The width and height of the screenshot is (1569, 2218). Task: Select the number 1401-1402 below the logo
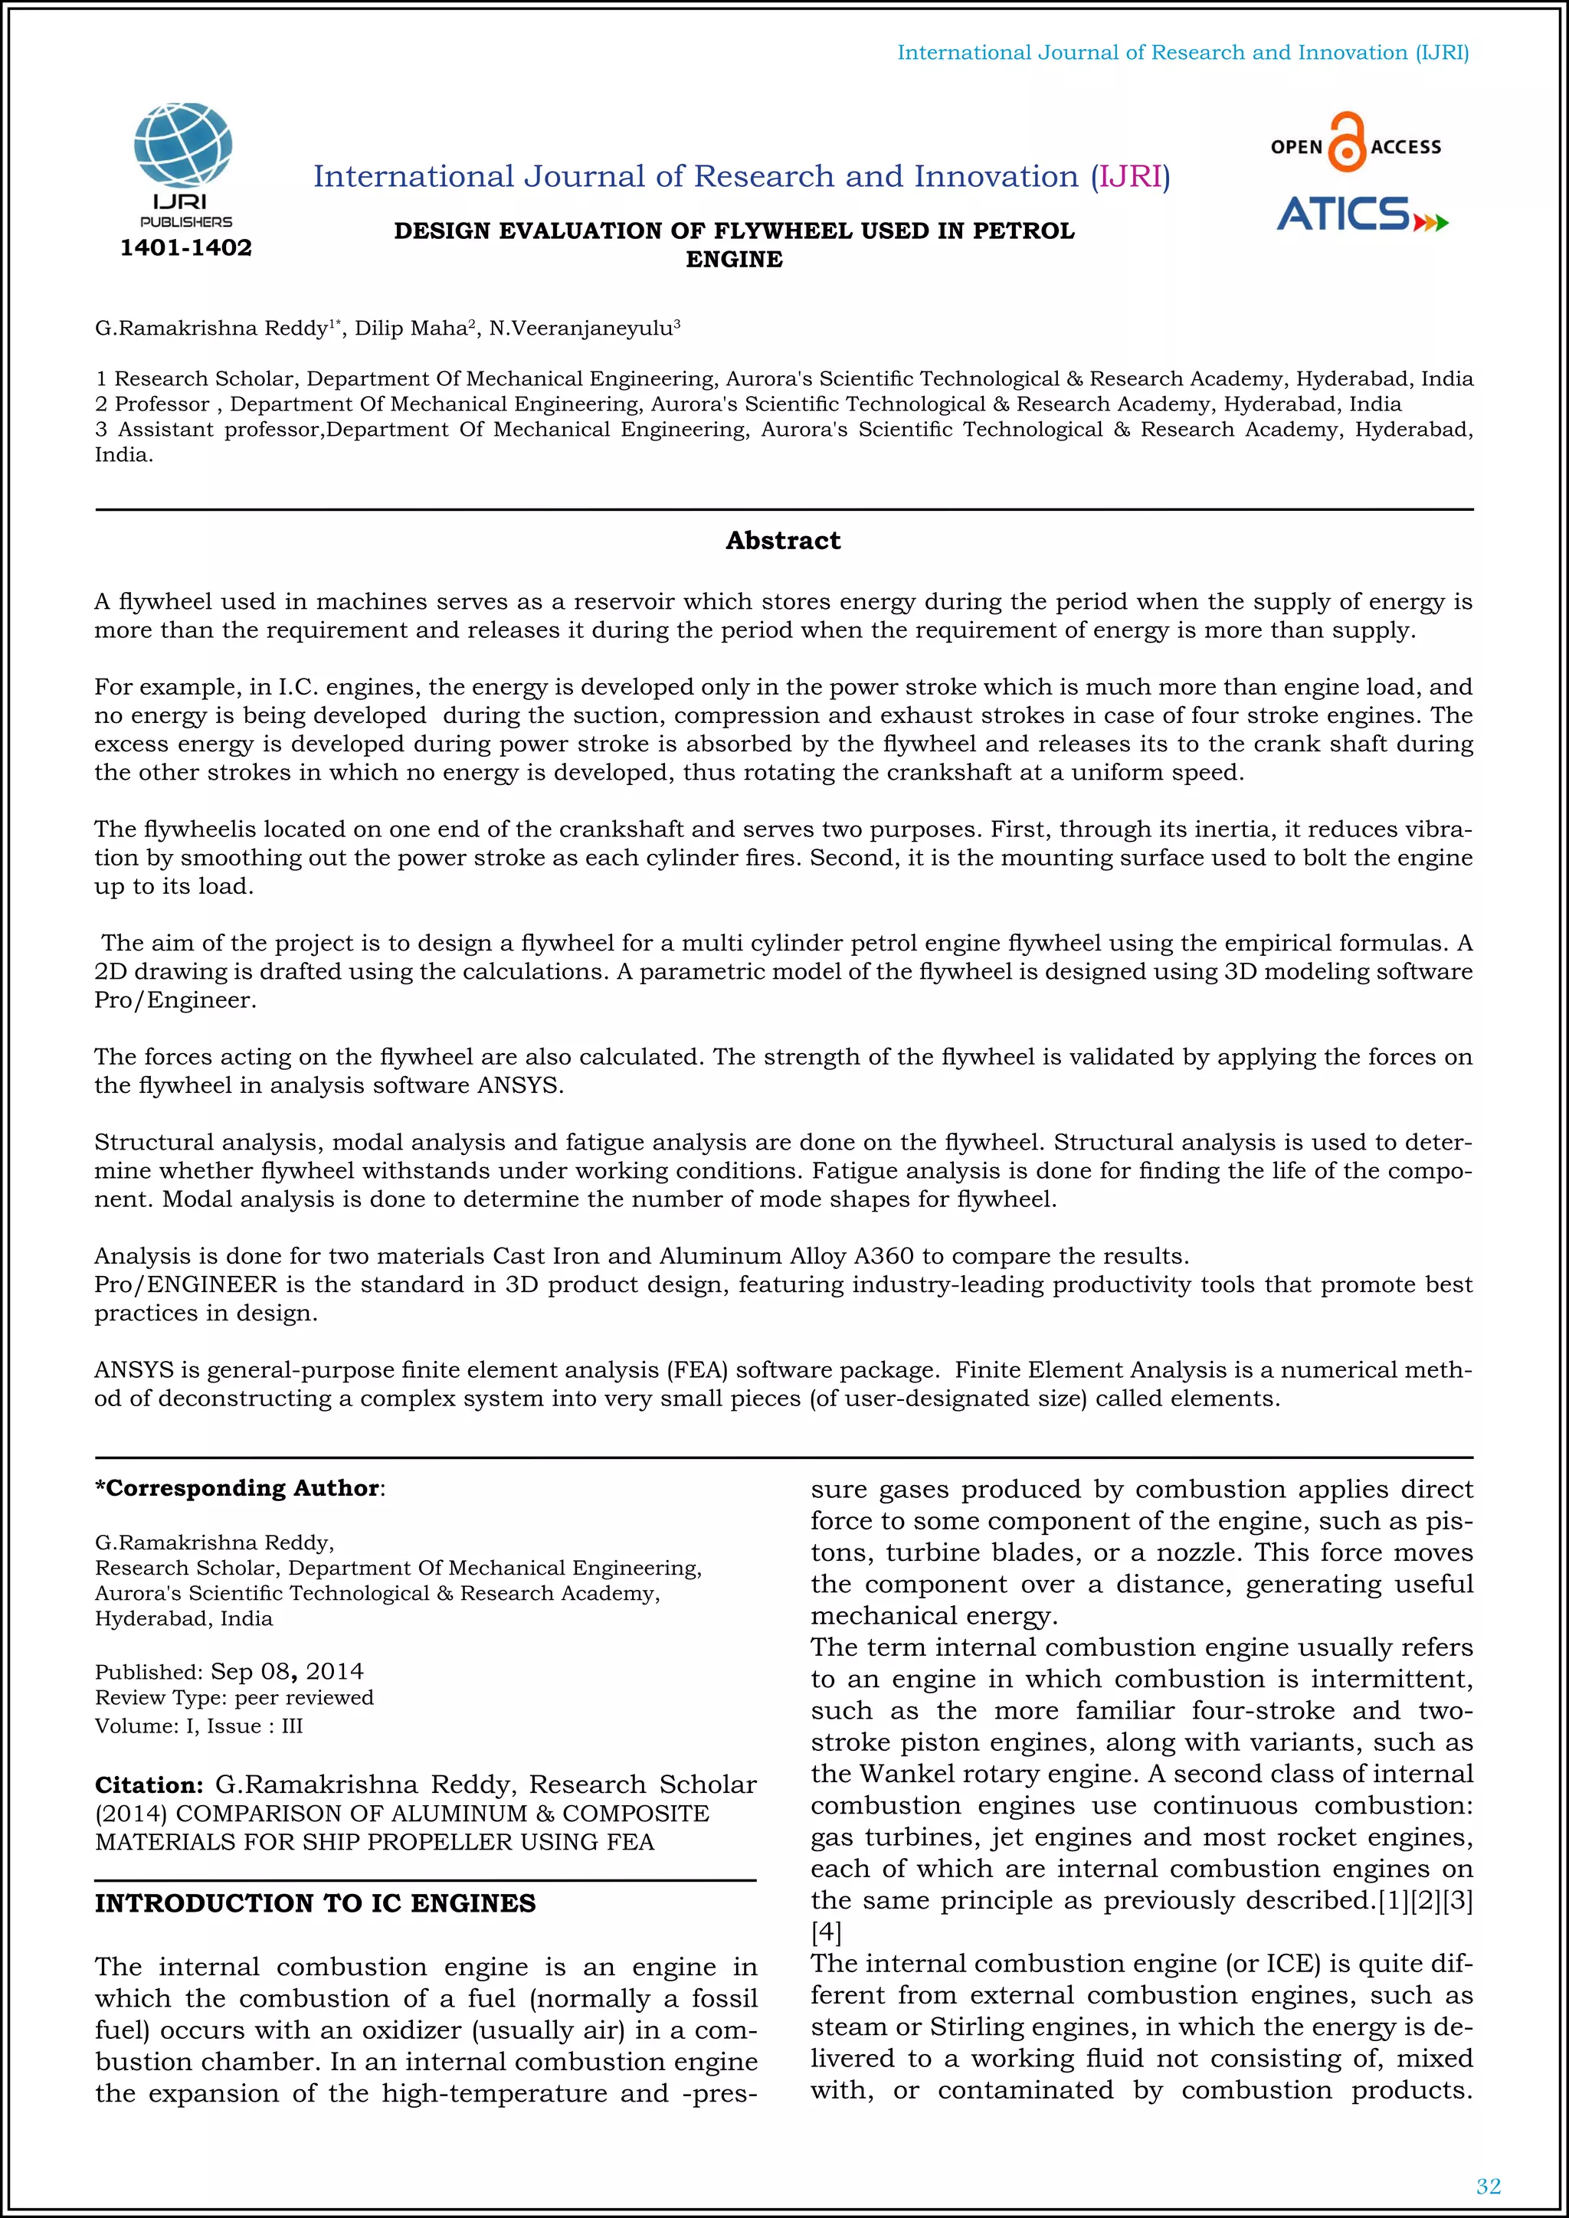pyautogui.click(x=185, y=248)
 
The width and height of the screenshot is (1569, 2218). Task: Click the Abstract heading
pyautogui.click(x=782, y=541)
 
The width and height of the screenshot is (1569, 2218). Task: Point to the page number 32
pyautogui.click(x=1488, y=2186)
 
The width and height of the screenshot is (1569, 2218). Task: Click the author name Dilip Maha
pyautogui.click(x=411, y=329)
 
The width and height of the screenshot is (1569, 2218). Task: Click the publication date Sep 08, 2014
pyautogui.click(x=287, y=1672)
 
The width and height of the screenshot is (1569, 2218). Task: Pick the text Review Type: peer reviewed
pyautogui.click(x=234, y=1698)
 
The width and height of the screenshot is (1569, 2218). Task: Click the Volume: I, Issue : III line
pyautogui.click(x=199, y=1726)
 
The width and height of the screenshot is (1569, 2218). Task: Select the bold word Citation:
pyautogui.click(x=149, y=1785)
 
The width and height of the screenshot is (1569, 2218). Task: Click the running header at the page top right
pyautogui.click(x=1183, y=53)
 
